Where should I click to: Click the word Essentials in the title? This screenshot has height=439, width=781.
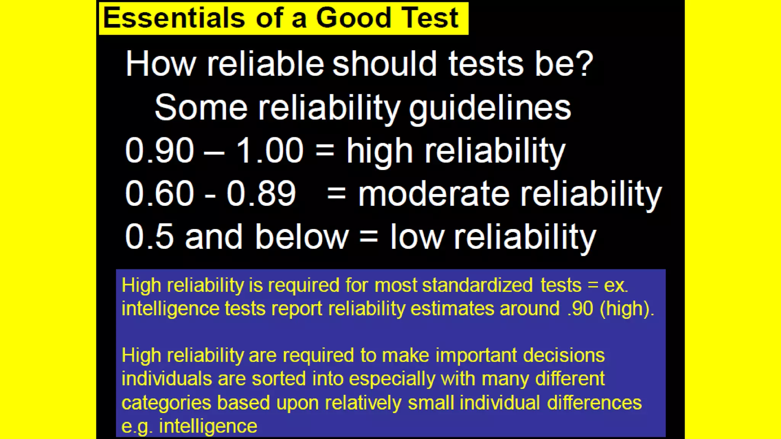coord(174,18)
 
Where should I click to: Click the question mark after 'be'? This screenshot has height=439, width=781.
coord(585,63)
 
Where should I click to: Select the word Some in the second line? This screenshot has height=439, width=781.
coord(201,107)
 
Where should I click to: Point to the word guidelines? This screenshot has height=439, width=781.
coord(490,108)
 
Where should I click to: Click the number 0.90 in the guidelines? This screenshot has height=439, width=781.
coord(159,151)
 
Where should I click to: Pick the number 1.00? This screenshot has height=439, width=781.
coord(270,151)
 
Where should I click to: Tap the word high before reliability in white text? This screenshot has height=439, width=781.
coord(379,151)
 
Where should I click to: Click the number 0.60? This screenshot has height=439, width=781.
coord(159,194)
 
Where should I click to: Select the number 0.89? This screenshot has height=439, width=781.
coord(261,194)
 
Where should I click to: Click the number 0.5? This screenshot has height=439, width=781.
coord(149,237)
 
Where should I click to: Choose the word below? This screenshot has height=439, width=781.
coord(302,237)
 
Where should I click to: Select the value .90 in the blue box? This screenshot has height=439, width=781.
coord(580,308)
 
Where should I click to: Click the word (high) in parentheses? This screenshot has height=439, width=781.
coord(627,309)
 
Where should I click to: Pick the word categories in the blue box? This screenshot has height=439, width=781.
coord(166,403)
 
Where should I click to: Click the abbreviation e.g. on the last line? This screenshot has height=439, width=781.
coord(137,426)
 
